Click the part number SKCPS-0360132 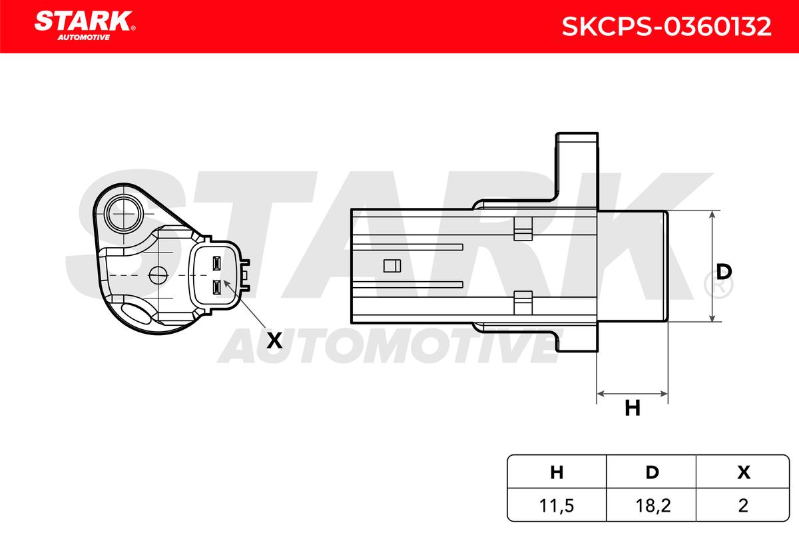(x=666, y=27)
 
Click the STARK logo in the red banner (x=85, y=26)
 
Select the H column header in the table (x=557, y=472)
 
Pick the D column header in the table (x=653, y=472)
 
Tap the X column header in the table (x=744, y=472)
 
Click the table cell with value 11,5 (x=557, y=506)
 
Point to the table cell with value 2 (x=743, y=506)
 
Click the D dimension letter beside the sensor (x=724, y=272)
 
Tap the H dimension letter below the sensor (x=633, y=408)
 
